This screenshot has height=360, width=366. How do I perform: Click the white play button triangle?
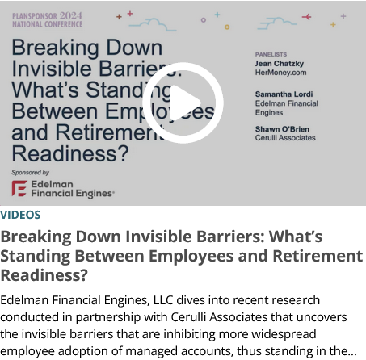(183, 103)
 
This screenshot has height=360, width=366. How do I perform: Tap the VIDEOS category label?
(20, 215)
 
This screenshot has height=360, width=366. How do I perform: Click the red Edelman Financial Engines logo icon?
(19, 188)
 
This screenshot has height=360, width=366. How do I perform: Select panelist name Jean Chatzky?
(280, 64)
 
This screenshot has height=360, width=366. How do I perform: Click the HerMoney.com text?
(280, 73)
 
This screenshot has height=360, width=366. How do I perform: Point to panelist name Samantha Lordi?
(284, 94)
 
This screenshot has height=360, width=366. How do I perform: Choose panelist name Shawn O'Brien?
(282, 129)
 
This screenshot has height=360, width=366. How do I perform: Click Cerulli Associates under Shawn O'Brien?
(285, 138)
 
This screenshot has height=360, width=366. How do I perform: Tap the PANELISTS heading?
(271, 54)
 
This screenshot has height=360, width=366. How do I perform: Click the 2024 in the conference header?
(70, 16)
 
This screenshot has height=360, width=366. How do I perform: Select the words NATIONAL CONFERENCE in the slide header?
(47, 24)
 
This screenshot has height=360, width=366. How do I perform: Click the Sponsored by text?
(30, 173)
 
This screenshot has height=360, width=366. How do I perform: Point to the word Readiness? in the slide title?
(70, 153)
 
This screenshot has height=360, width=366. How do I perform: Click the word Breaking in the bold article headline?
(36, 237)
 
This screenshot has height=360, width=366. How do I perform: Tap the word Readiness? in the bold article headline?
(44, 275)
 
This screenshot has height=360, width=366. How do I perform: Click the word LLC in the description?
(163, 300)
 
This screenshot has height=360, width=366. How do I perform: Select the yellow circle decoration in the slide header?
(227, 27)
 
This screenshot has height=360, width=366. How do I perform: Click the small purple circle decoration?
(204, 20)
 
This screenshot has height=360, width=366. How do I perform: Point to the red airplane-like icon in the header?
(306, 17)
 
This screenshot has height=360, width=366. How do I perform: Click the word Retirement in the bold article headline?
(318, 256)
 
